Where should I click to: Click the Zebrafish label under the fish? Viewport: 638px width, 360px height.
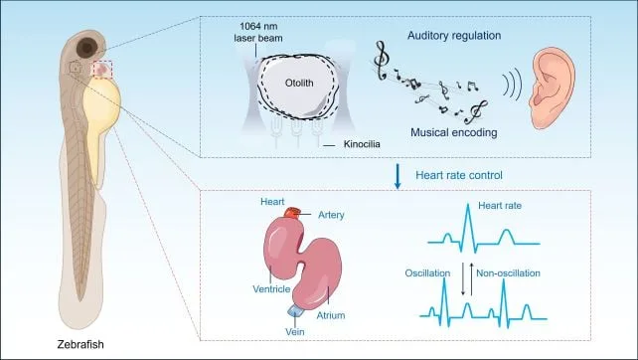[80, 344]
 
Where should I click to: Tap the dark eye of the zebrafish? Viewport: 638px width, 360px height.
[87, 48]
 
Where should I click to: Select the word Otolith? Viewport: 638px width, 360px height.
[299, 84]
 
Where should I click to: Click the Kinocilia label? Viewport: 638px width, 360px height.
[362, 144]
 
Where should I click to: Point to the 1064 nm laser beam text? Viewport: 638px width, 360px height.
[258, 32]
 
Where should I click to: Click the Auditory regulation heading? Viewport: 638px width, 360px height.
[454, 36]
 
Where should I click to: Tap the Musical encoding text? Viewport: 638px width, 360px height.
[454, 132]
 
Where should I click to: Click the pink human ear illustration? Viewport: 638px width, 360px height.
[552, 87]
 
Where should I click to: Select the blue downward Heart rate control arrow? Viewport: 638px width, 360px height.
[398, 176]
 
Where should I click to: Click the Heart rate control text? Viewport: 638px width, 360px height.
[459, 175]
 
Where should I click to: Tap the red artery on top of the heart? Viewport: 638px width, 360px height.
[292, 213]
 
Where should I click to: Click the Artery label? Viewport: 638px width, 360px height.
[331, 215]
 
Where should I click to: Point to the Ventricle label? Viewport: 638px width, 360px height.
[271, 289]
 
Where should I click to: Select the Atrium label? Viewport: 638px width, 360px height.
[331, 315]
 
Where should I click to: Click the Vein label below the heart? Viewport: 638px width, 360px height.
[295, 332]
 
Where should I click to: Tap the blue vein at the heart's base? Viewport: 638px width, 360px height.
[294, 310]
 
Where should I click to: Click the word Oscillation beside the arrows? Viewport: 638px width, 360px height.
[427, 273]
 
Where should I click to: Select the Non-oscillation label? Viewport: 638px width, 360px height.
[508, 272]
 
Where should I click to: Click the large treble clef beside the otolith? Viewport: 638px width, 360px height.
[381, 61]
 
